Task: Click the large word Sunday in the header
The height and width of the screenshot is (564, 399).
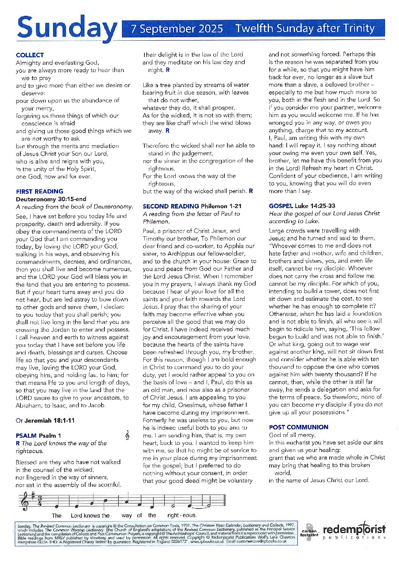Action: pos(67,28)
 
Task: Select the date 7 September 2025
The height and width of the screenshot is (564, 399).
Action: pos(176,29)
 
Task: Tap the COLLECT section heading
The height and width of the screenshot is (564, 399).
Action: pos(30,55)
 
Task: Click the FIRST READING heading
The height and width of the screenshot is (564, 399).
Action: pos(40,191)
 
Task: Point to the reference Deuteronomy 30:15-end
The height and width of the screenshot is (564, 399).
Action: pos(51,199)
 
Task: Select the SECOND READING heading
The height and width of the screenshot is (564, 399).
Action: pos(170,206)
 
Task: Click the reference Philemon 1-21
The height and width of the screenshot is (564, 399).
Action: pos(221,206)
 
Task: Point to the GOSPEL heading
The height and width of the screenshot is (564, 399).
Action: pos(281,206)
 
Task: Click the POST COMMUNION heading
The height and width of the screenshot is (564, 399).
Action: pos(298,427)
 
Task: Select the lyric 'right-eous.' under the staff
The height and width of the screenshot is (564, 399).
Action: pos(182,515)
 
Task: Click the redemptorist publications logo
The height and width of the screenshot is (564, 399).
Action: pos(354,532)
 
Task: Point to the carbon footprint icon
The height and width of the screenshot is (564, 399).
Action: pos(310,532)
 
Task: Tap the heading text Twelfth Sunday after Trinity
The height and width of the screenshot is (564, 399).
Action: pos(305,29)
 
